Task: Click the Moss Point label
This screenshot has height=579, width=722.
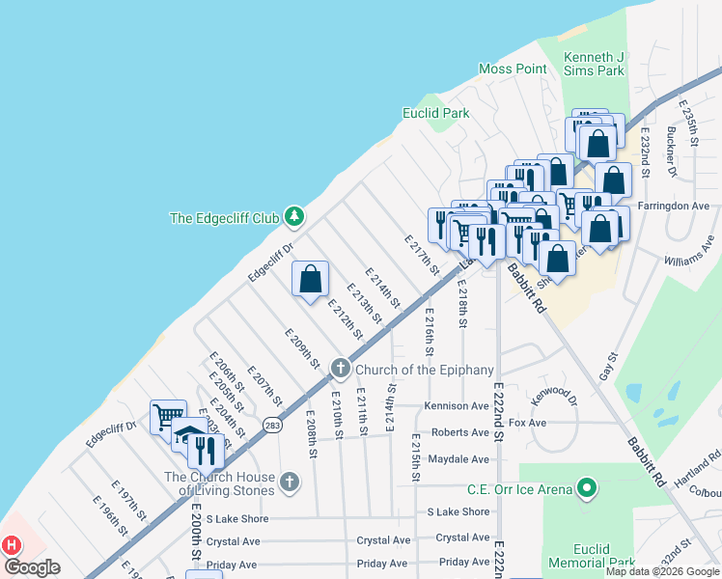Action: pyautogui.click(x=514, y=69)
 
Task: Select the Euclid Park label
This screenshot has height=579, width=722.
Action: pyautogui.click(x=435, y=113)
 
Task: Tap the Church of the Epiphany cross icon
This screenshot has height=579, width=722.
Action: pyautogui.click(x=341, y=369)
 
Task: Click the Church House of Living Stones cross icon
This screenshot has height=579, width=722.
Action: pyautogui.click(x=290, y=481)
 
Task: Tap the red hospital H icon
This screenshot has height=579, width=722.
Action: pyautogui.click(x=12, y=545)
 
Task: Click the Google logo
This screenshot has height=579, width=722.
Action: pyautogui.click(x=32, y=567)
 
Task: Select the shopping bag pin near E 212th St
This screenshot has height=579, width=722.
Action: pyautogui.click(x=311, y=280)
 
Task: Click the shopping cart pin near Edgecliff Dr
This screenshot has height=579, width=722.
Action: pyautogui.click(x=168, y=417)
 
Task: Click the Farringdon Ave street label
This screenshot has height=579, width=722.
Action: pyautogui.click(x=680, y=206)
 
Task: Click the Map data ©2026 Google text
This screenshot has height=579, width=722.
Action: pyautogui.click(x=662, y=571)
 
